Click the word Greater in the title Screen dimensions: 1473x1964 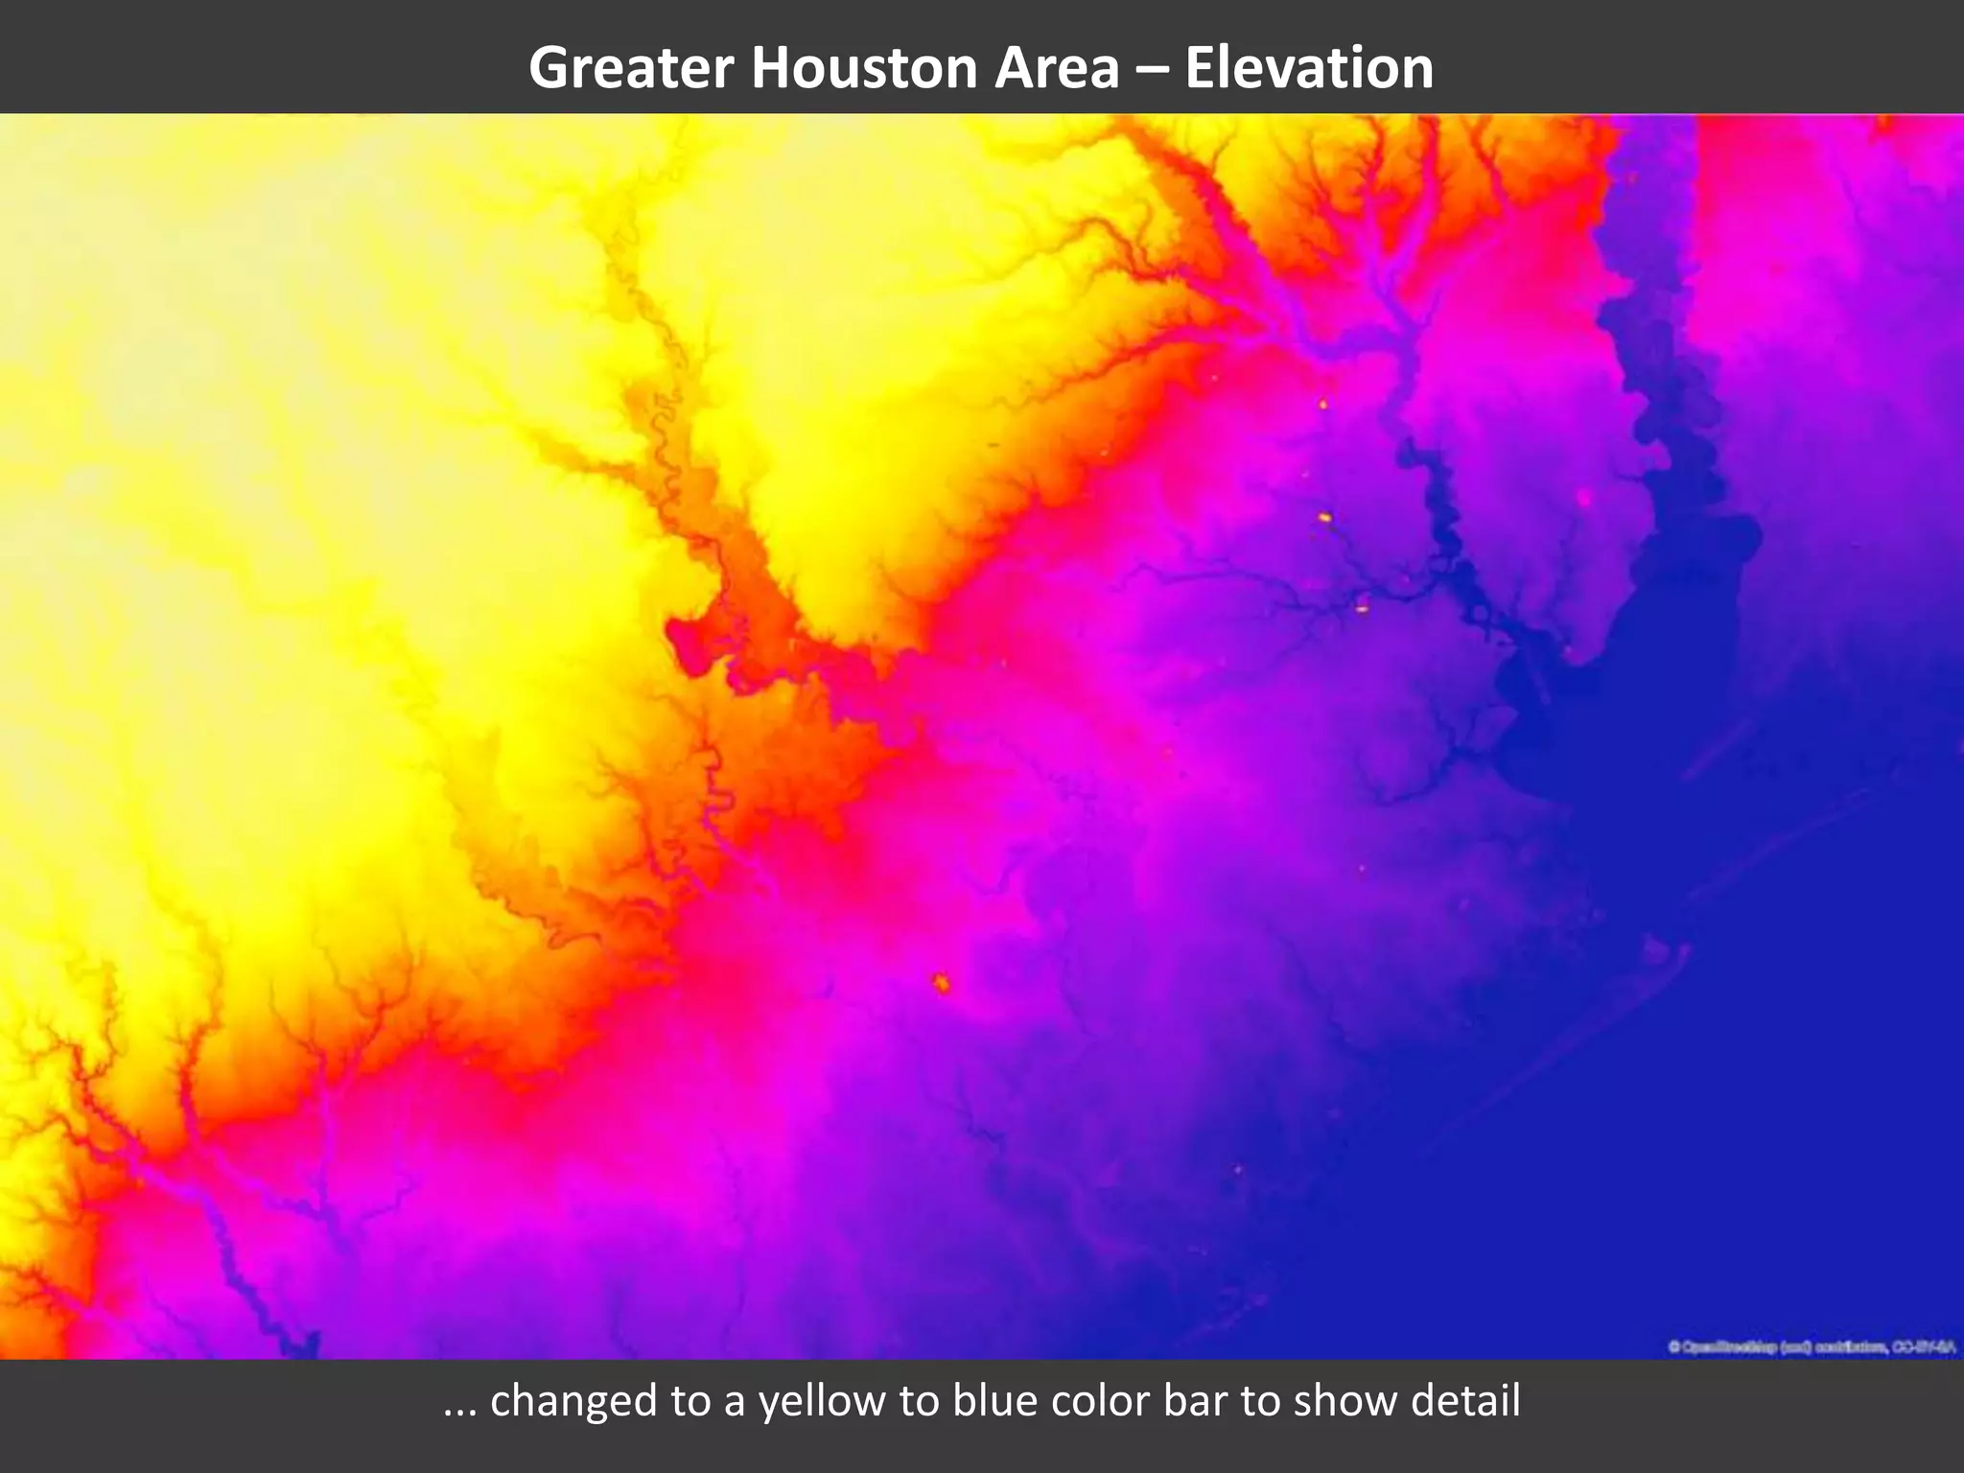coord(631,68)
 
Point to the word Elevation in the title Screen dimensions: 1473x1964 coord(1309,68)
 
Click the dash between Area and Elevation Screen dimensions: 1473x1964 coord(1152,70)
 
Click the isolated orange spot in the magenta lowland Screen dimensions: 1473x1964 coord(942,982)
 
